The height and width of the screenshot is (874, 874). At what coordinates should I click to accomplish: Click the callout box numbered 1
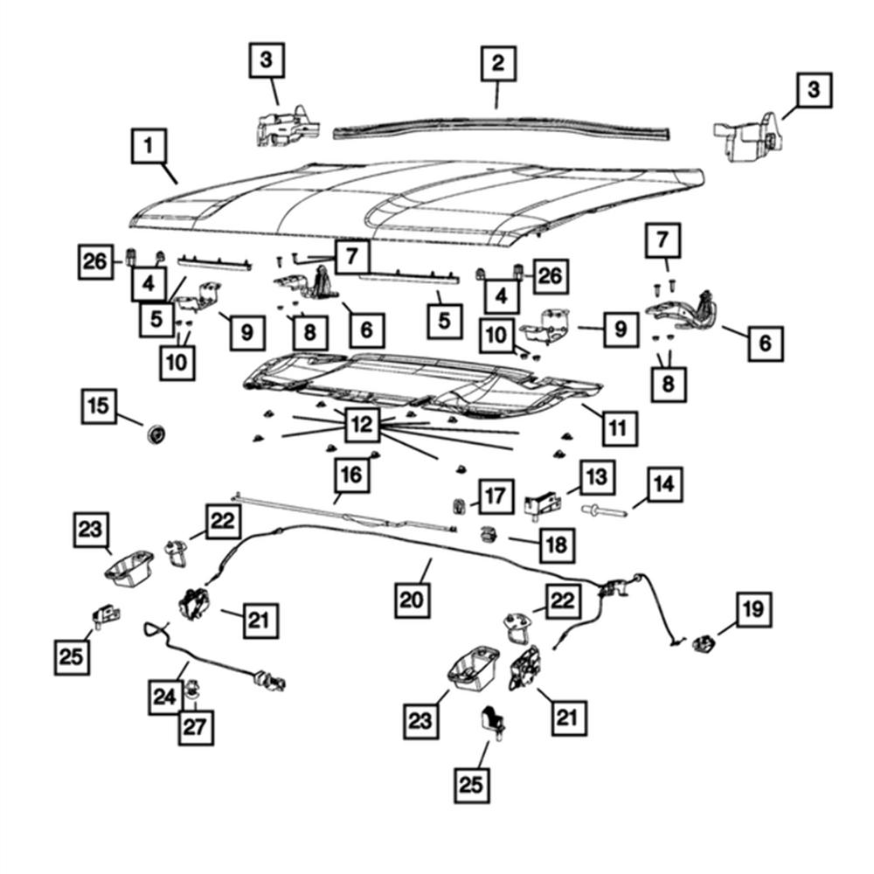pos(149,145)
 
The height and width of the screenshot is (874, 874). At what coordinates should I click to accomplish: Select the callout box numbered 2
pos(497,63)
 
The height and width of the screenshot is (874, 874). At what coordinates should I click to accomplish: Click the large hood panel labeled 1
pos(420,201)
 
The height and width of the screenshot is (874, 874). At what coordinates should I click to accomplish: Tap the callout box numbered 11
pos(617,428)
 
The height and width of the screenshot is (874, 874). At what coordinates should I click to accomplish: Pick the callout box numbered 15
pos(101,406)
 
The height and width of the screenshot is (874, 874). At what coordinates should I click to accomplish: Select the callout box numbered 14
pos(664,482)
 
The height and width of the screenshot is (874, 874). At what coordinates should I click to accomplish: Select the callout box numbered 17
pos(495,497)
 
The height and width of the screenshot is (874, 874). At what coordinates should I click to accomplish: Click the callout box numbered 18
pos(557,545)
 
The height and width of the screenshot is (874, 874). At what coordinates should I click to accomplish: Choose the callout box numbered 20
pos(412,600)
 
